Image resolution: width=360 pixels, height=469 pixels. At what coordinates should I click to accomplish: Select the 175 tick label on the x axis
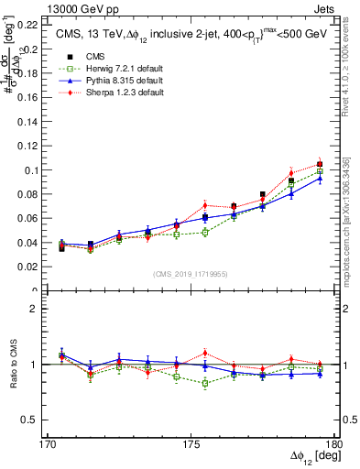coord(191,444)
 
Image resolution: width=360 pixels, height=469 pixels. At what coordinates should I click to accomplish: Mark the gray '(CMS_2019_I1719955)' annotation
coord(191,273)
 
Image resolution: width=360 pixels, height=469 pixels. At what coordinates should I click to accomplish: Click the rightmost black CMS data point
coord(320,164)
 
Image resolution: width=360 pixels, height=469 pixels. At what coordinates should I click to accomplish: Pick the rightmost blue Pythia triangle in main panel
coord(320,179)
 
